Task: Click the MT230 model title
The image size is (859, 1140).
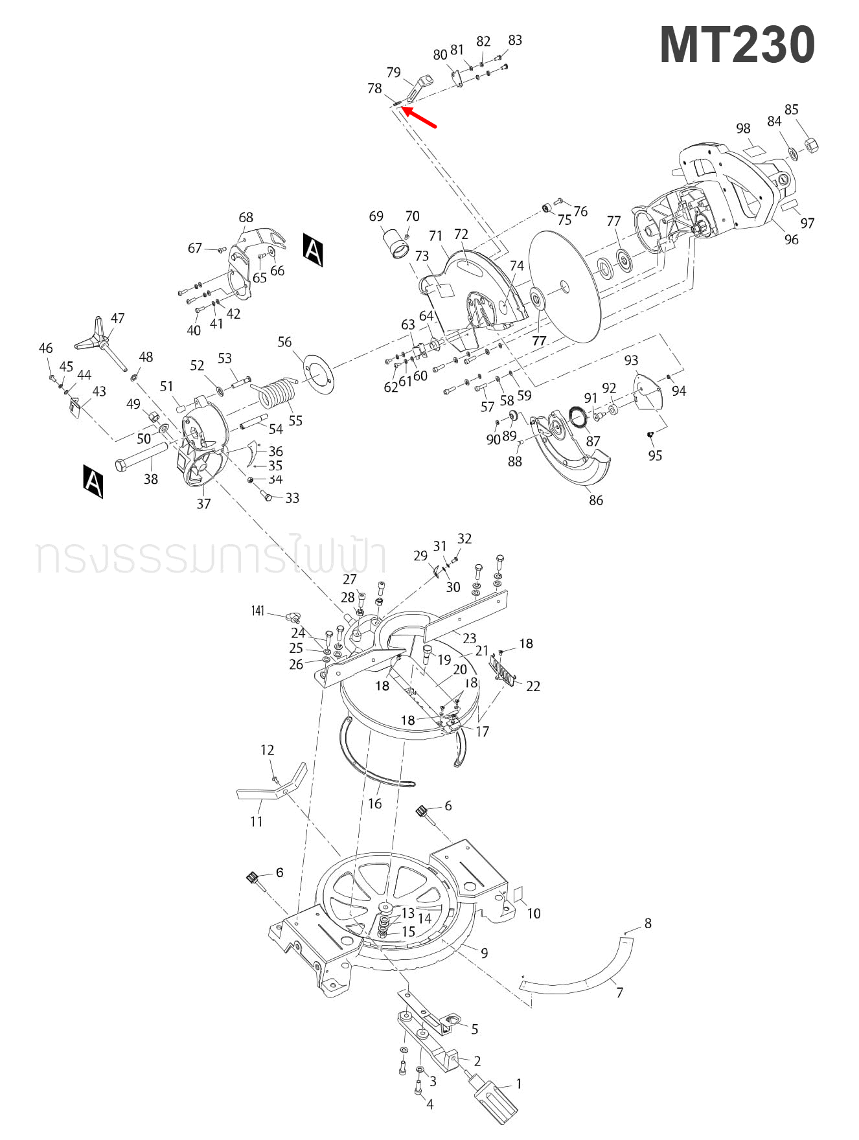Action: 737,45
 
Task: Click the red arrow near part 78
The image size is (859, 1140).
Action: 420,118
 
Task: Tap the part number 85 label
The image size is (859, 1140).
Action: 791,109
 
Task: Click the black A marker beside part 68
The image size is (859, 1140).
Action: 314,249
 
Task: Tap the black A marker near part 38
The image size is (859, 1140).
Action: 93,481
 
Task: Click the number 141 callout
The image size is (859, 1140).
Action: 258,611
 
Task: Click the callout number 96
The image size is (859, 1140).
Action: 791,239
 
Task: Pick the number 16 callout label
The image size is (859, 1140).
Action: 374,804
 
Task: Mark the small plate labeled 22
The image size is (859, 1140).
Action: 503,668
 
